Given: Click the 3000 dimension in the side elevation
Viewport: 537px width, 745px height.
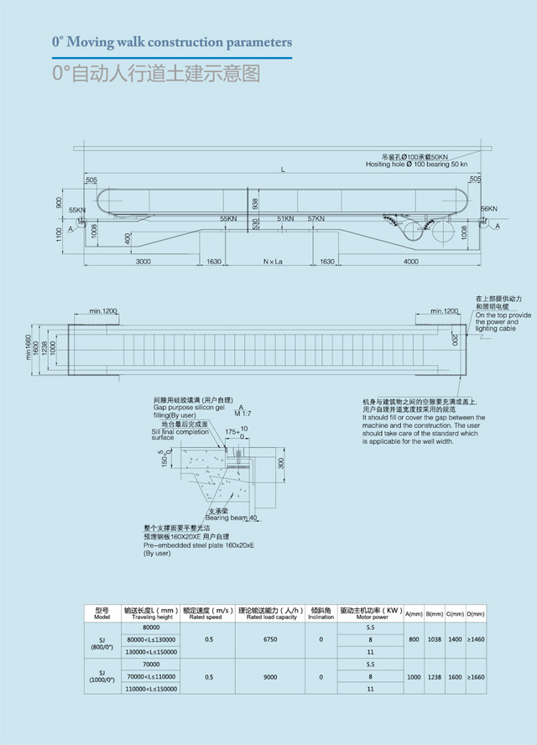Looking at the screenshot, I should (143, 263).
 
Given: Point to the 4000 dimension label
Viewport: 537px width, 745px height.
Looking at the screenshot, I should (410, 263).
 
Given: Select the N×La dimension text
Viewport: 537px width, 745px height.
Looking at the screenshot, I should (272, 263).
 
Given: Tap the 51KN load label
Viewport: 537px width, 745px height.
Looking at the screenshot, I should (285, 219).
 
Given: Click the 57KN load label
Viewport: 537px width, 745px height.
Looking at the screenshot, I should (315, 219).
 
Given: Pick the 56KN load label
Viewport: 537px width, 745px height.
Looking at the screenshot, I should (489, 208).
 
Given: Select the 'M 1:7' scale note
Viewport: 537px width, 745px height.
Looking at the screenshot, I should (242, 413).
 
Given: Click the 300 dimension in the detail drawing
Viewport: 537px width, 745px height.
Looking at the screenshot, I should (281, 462).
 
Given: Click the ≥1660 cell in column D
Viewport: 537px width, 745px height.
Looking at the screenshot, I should (474, 676).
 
